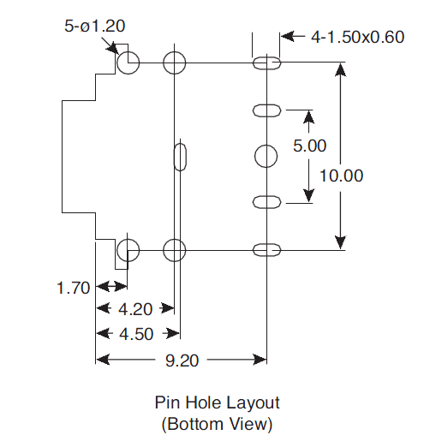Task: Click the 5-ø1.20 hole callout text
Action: pos(95,27)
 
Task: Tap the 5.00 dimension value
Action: pos(309,146)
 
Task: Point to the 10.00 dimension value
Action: pos(341,176)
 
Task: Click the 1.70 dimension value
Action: pos(75,288)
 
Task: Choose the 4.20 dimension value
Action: pos(135,309)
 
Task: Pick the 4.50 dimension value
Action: pos(135,334)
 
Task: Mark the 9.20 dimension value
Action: pos(182,361)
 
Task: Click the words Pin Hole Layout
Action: pos(217,402)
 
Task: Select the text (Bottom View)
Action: pos(217,423)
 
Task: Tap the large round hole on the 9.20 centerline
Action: pos(267,156)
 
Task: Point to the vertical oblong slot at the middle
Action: pos(179,156)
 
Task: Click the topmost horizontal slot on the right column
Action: pos(267,63)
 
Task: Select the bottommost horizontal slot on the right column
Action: pos(267,250)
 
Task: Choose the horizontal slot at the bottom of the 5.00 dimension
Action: pos(267,202)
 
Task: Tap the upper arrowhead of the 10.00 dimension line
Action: pos(341,69)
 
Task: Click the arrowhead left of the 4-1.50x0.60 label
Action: pos(287,37)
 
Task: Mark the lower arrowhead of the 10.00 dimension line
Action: pos(341,243)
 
